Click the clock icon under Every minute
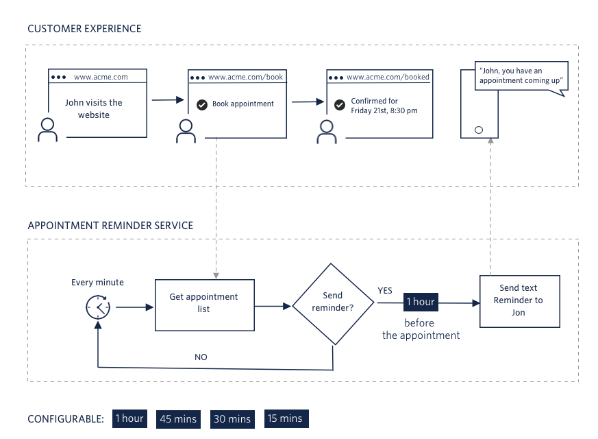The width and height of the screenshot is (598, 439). [98, 306]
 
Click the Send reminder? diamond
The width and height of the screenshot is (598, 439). [333, 303]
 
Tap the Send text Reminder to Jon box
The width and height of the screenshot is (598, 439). [519, 301]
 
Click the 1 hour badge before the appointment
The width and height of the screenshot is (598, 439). [420, 302]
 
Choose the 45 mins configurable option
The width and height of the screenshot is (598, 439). [178, 419]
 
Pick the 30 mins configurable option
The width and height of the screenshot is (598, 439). [231, 419]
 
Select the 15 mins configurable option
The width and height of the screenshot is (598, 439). [286, 418]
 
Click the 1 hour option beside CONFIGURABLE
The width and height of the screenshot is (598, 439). [129, 418]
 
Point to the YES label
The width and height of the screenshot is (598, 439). [385, 291]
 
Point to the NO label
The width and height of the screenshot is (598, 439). [201, 357]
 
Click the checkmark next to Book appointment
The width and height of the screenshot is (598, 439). [201, 104]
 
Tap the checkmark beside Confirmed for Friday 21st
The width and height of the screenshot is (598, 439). [339, 105]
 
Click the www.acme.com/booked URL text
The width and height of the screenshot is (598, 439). [388, 78]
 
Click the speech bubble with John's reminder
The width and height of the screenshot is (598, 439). [521, 75]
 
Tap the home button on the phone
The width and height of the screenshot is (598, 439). [478, 130]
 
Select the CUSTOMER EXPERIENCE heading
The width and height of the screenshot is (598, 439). [84, 29]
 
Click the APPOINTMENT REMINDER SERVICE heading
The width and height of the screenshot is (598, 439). [110, 225]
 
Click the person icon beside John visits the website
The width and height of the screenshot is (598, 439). [47, 130]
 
